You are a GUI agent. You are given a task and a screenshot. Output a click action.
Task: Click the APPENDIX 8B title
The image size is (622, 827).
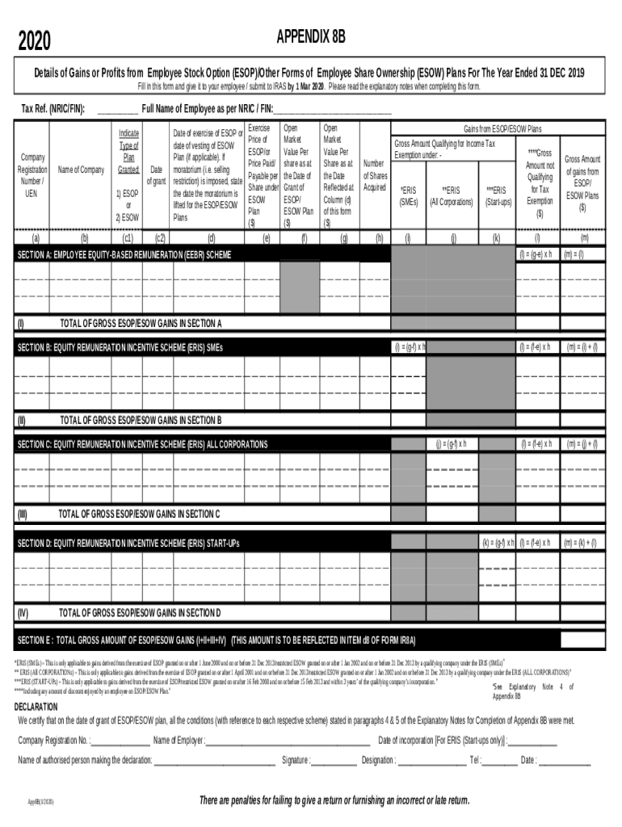[x=311, y=38]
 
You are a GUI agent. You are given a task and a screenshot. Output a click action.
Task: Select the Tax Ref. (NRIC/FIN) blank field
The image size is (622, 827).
[x=116, y=110]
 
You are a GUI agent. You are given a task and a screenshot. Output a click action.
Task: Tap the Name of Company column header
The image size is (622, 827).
[x=81, y=170]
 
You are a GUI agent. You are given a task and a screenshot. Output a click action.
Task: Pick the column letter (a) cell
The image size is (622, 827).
[x=34, y=238]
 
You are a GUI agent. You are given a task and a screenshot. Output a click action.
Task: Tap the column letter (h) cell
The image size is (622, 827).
[x=379, y=238]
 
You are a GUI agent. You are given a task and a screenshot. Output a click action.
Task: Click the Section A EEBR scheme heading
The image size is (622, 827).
[x=124, y=254]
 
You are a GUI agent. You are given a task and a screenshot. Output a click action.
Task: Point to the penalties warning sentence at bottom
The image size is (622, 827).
[x=334, y=800]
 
